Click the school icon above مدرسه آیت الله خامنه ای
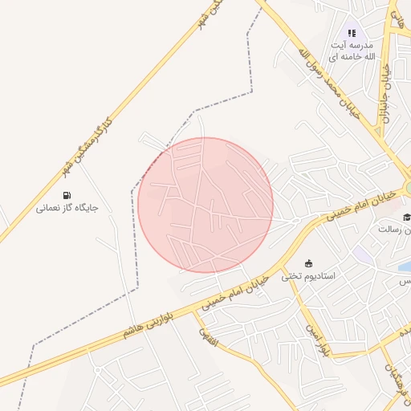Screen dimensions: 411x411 [x=351, y=33]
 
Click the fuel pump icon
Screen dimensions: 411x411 [x=66, y=195]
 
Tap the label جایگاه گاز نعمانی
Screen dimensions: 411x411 [x=67, y=208]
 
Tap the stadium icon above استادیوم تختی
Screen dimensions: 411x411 [x=309, y=263]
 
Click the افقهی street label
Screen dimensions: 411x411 [x=208, y=332]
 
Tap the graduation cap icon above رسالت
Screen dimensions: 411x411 [x=407, y=217]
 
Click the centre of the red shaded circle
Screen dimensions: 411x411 [x=205, y=205]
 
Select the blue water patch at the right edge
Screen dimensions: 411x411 [x=405, y=266]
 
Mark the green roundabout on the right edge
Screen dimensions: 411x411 [x=408, y=188]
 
